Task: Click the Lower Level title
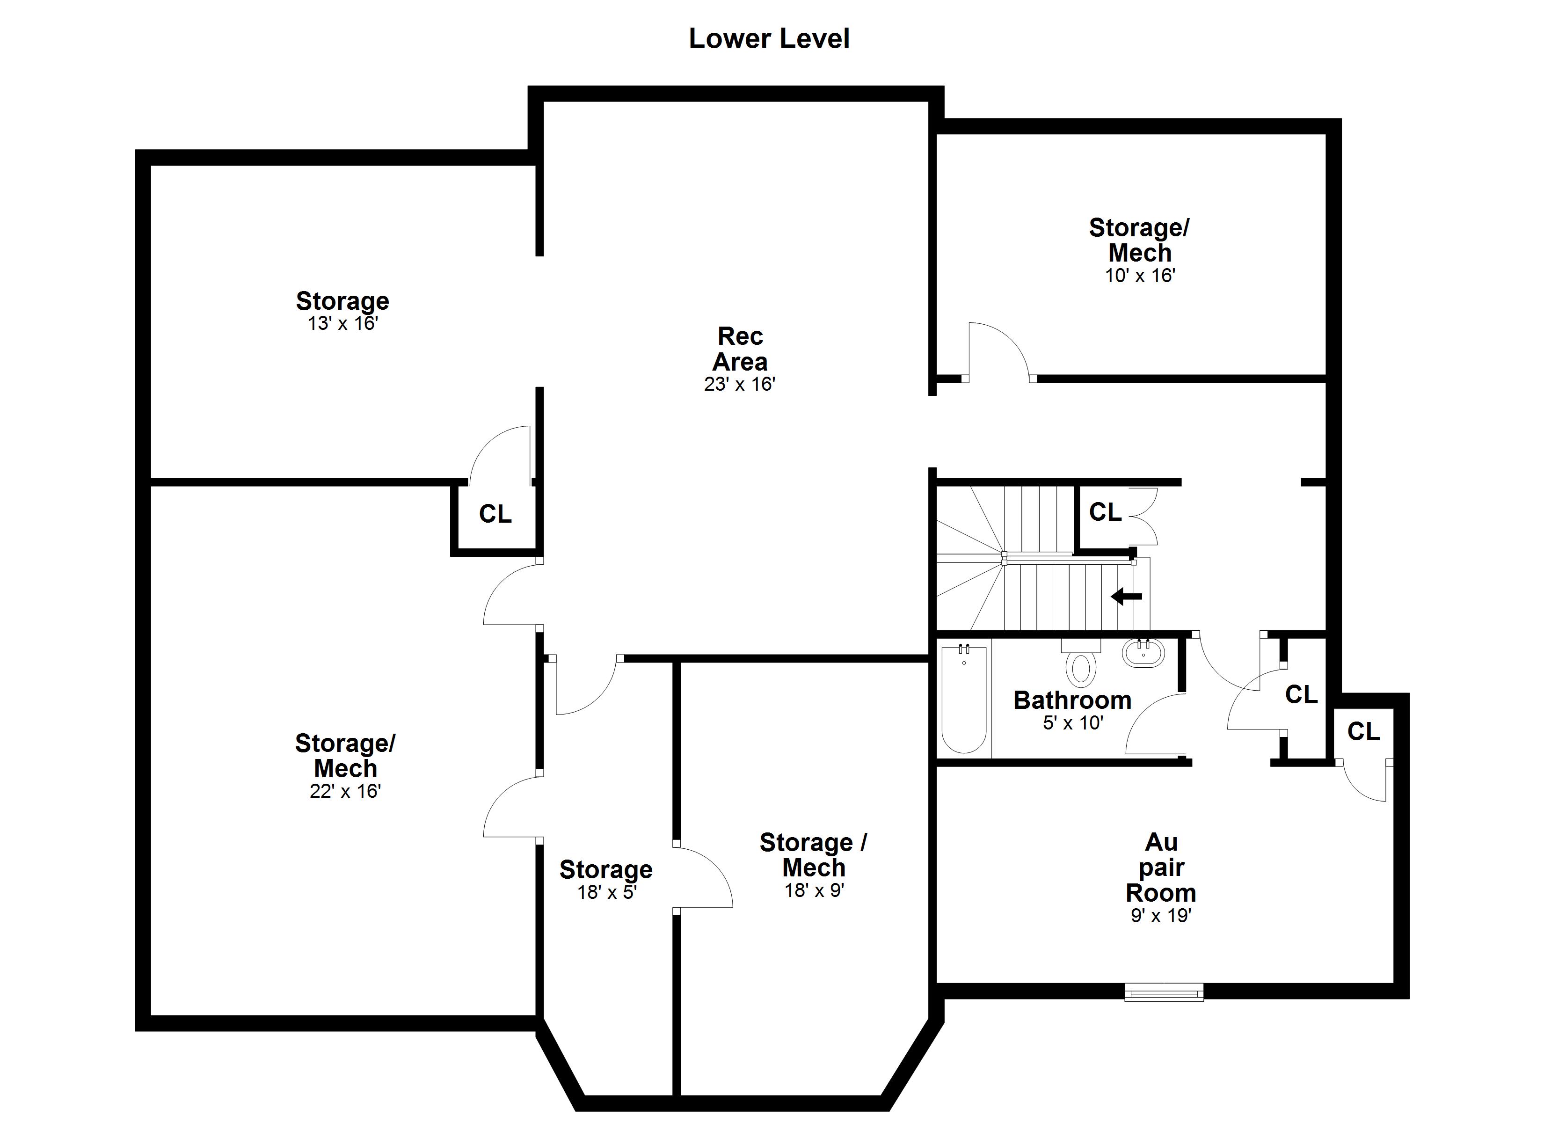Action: [x=769, y=39]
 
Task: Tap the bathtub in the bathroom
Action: [x=963, y=700]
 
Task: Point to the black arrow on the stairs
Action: [x=1127, y=597]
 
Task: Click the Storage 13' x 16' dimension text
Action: [x=342, y=323]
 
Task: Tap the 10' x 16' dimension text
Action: [x=1140, y=276]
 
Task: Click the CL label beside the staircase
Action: [x=1105, y=512]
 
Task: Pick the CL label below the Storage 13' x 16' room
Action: [x=495, y=514]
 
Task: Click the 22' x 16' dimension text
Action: [x=345, y=791]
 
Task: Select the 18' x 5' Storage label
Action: [x=606, y=870]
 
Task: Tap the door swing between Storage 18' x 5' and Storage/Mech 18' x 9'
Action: [x=705, y=879]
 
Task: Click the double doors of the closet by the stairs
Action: [x=1143, y=516]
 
